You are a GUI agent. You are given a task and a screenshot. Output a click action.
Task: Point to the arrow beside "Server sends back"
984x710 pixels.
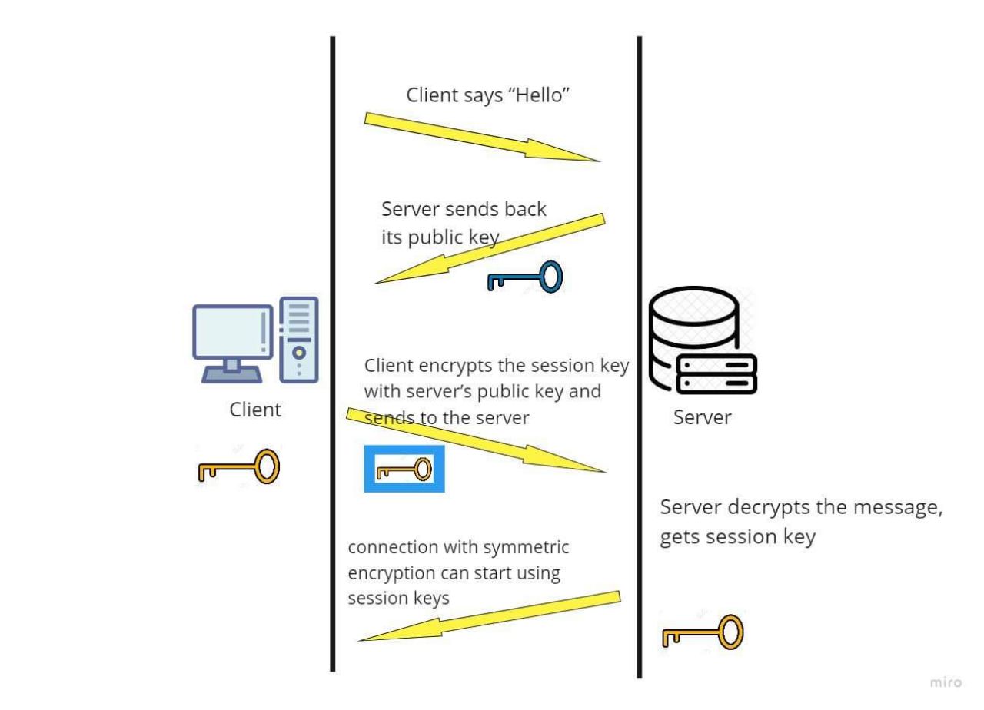pos(490,250)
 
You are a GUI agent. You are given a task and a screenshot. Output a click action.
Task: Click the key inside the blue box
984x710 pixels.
pos(404,468)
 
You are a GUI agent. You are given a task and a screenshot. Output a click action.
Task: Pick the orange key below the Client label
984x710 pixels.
pos(238,466)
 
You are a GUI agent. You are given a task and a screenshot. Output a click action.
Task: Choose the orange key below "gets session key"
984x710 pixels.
pos(703,632)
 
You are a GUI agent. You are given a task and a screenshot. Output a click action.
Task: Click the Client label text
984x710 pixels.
pos(255,410)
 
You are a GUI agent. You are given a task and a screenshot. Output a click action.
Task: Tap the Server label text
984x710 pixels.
pos(703,417)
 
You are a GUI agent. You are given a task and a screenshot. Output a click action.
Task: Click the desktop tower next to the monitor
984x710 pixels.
pos(299,339)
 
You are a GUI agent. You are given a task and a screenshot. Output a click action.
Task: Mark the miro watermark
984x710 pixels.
pos(946,682)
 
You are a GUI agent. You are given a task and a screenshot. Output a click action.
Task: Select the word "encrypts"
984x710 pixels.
pos(435,366)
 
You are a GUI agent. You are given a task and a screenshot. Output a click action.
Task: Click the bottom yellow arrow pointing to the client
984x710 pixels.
pos(490,615)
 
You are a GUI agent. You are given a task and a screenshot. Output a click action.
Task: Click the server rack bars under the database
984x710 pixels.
pos(716,373)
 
